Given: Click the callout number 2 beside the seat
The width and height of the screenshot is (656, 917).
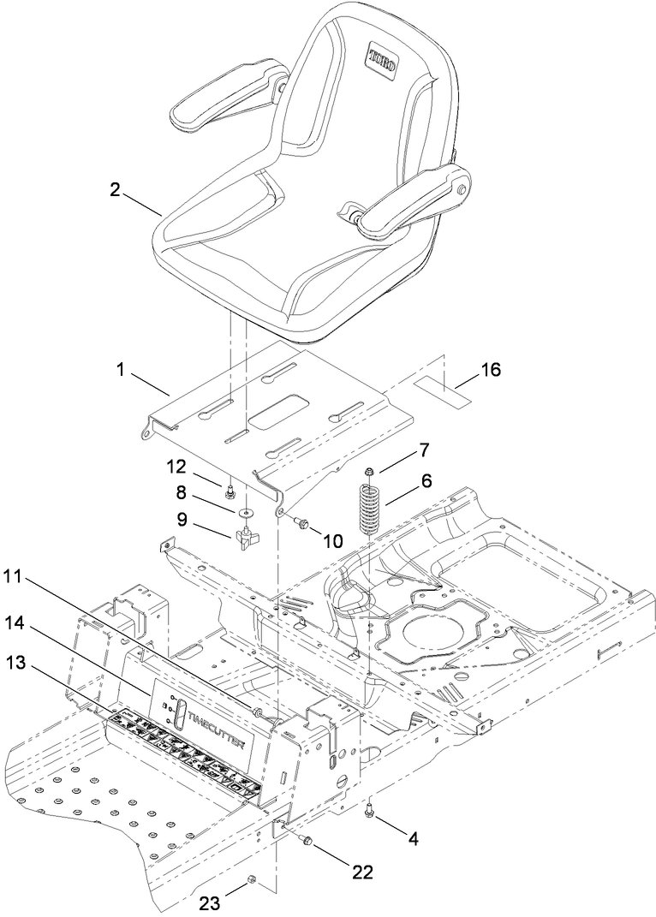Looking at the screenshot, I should (x=115, y=190).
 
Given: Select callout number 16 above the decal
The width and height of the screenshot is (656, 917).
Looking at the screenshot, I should (x=490, y=370).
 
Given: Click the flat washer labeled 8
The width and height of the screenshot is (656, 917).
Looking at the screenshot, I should (x=246, y=513).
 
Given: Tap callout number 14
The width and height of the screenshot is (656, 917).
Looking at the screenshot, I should (x=27, y=628).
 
